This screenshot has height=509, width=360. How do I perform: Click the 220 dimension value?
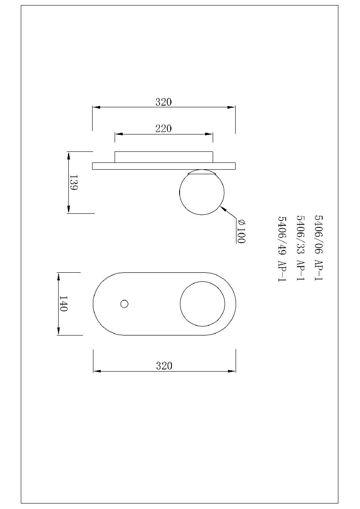(163, 129)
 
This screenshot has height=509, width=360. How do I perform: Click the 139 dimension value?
(73, 182)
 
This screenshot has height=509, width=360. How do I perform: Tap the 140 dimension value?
(63, 304)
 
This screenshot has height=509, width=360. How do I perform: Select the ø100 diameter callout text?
(241, 231)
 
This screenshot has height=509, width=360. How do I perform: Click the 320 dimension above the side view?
(163, 102)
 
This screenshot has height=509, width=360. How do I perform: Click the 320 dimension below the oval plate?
(164, 366)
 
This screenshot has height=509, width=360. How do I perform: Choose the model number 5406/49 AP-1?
(282, 249)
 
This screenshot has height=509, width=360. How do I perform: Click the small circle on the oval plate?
(124, 304)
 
